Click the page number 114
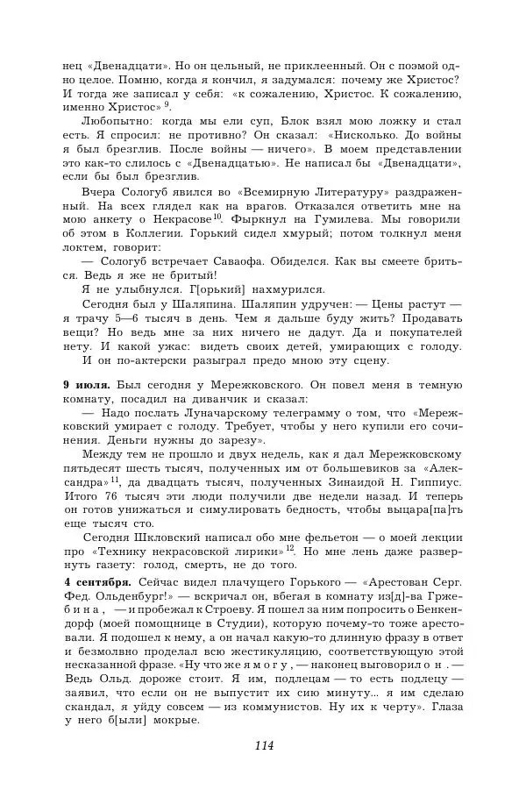point(264,746)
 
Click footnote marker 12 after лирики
point(289,548)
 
